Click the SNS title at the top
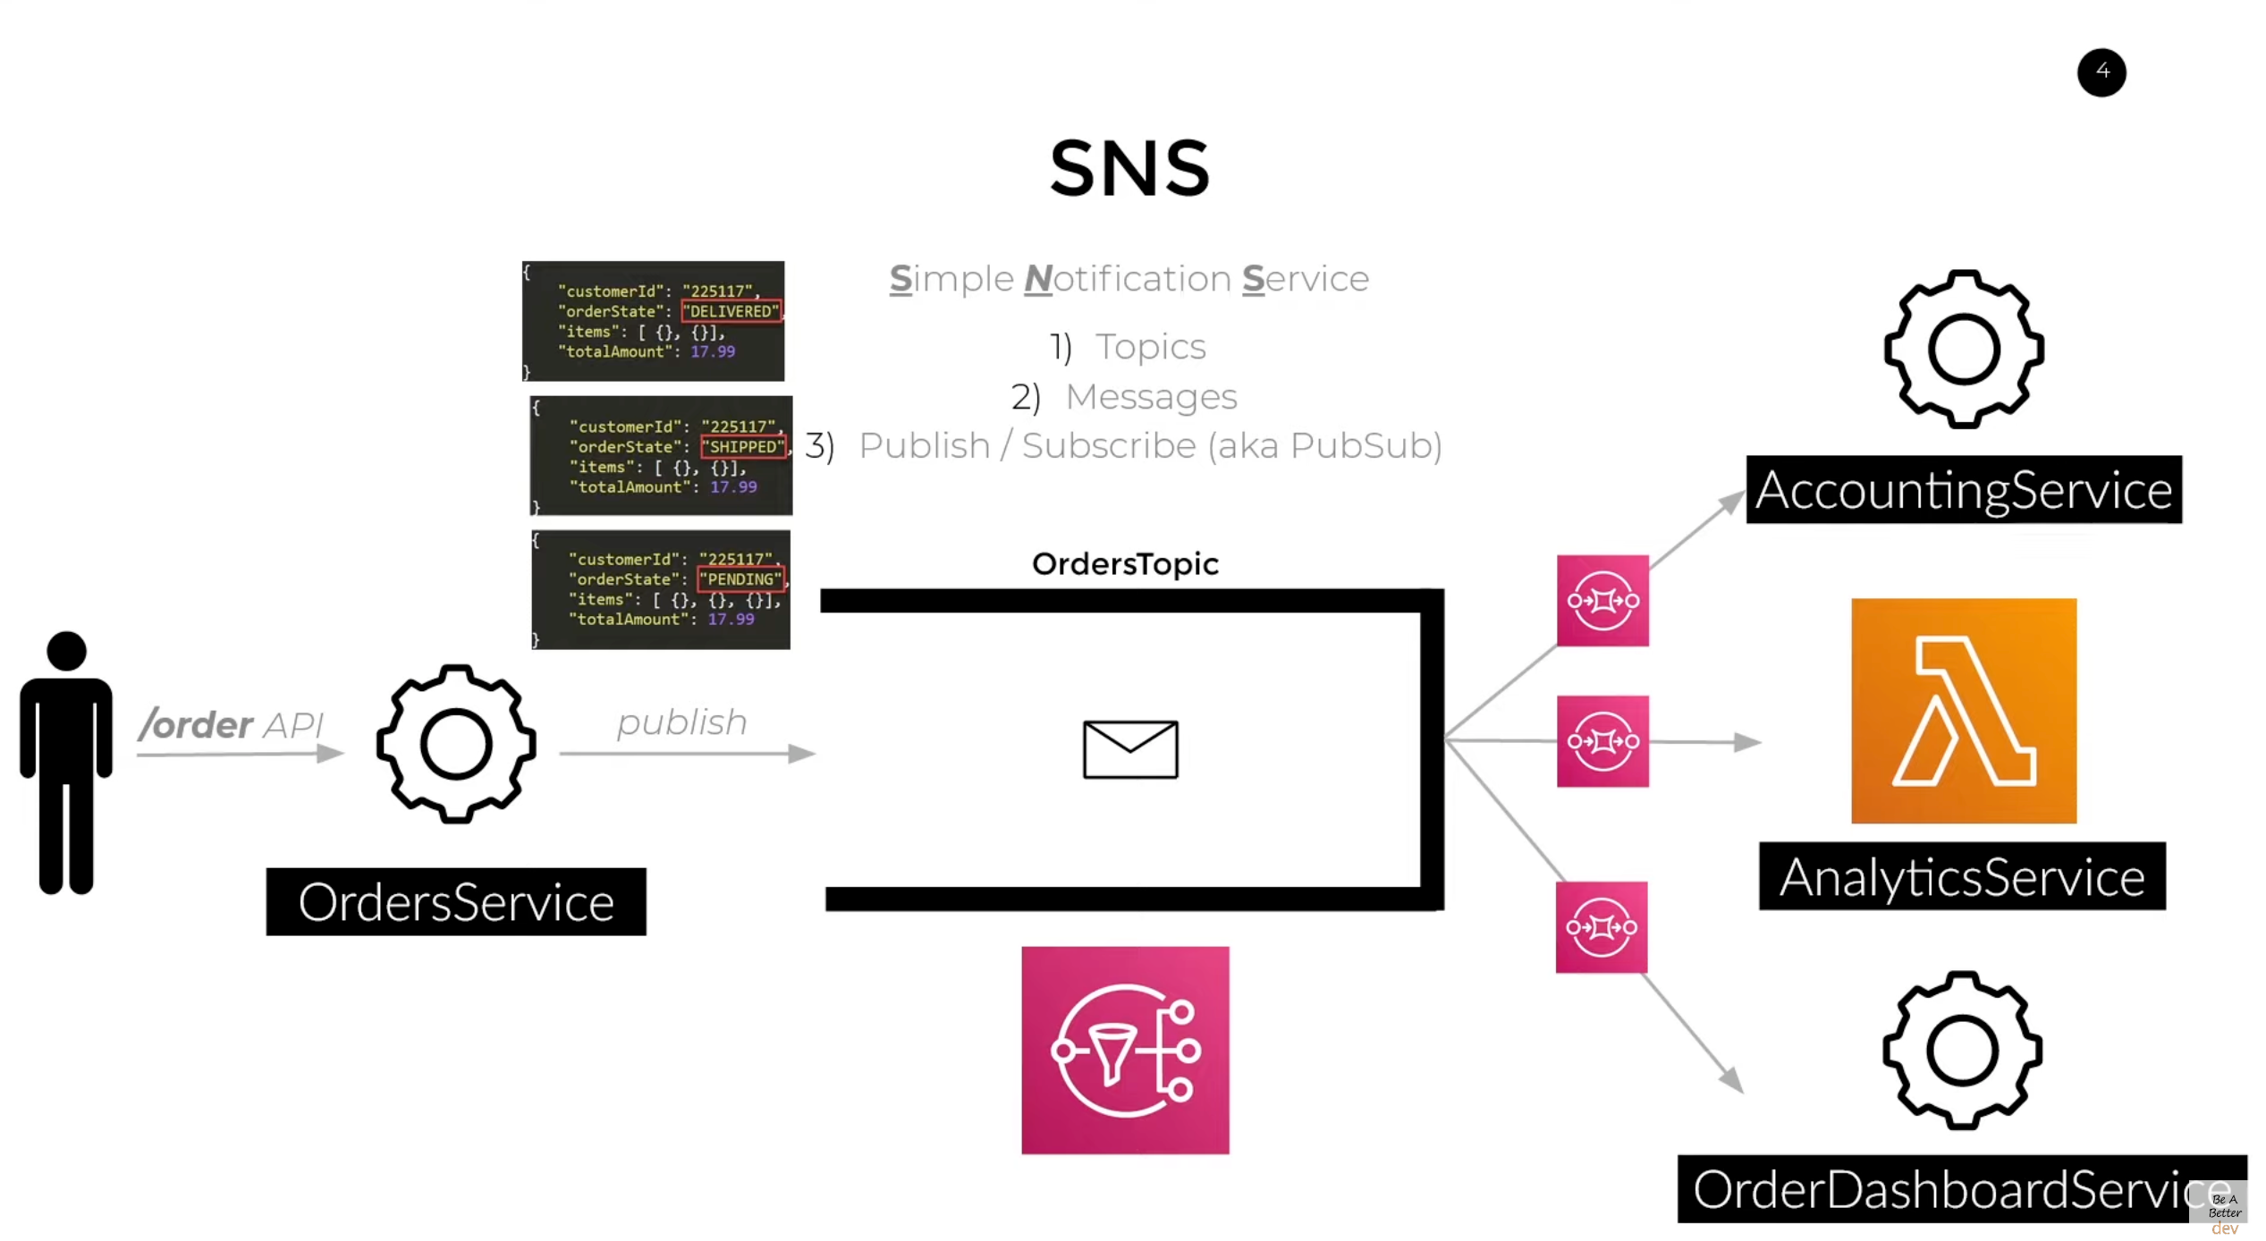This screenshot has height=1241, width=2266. pos(1129,168)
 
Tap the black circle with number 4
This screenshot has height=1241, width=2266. pos(2101,72)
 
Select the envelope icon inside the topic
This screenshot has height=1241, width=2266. pos(1129,749)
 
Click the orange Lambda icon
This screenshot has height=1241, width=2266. pos(1963,711)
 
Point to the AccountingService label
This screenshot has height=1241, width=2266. pos(1963,490)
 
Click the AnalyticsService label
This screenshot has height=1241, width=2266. pos(1961,876)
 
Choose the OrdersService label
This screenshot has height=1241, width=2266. pos(456,902)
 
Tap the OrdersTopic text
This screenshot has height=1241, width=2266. pos(1125,564)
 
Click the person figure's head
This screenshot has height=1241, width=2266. pos(66,651)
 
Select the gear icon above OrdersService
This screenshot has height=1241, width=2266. pos(456,744)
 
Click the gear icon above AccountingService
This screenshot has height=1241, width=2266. pos(1963,349)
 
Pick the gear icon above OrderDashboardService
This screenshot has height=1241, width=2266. pos(1961,1051)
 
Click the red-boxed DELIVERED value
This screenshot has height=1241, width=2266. pos(731,311)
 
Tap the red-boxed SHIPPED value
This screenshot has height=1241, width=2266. pos(743,446)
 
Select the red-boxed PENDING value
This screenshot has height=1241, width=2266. pos(741,579)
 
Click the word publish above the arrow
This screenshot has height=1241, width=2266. pos(681,722)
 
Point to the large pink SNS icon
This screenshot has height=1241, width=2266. pos(1125,1051)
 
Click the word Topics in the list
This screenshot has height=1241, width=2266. pos(1151,347)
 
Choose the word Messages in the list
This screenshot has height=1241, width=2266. pos(1151,397)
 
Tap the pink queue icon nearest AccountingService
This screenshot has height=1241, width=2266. pos(1602,600)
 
